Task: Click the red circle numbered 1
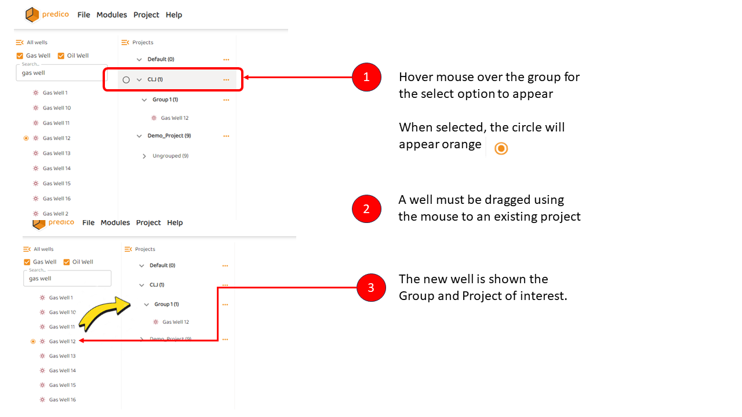tap(366, 77)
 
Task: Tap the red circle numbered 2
tap(366, 209)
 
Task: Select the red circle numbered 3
tap(371, 287)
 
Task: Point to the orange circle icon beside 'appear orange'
tap(501, 148)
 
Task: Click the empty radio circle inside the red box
tap(126, 80)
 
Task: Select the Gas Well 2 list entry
tap(55, 214)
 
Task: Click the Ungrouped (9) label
tap(170, 156)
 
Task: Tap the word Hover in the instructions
tap(415, 77)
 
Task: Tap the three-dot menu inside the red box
tap(226, 80)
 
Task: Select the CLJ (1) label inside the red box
tap(155, 79)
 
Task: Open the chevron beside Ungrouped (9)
tap(144, 156)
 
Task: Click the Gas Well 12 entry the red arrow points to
tap(62, 341)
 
